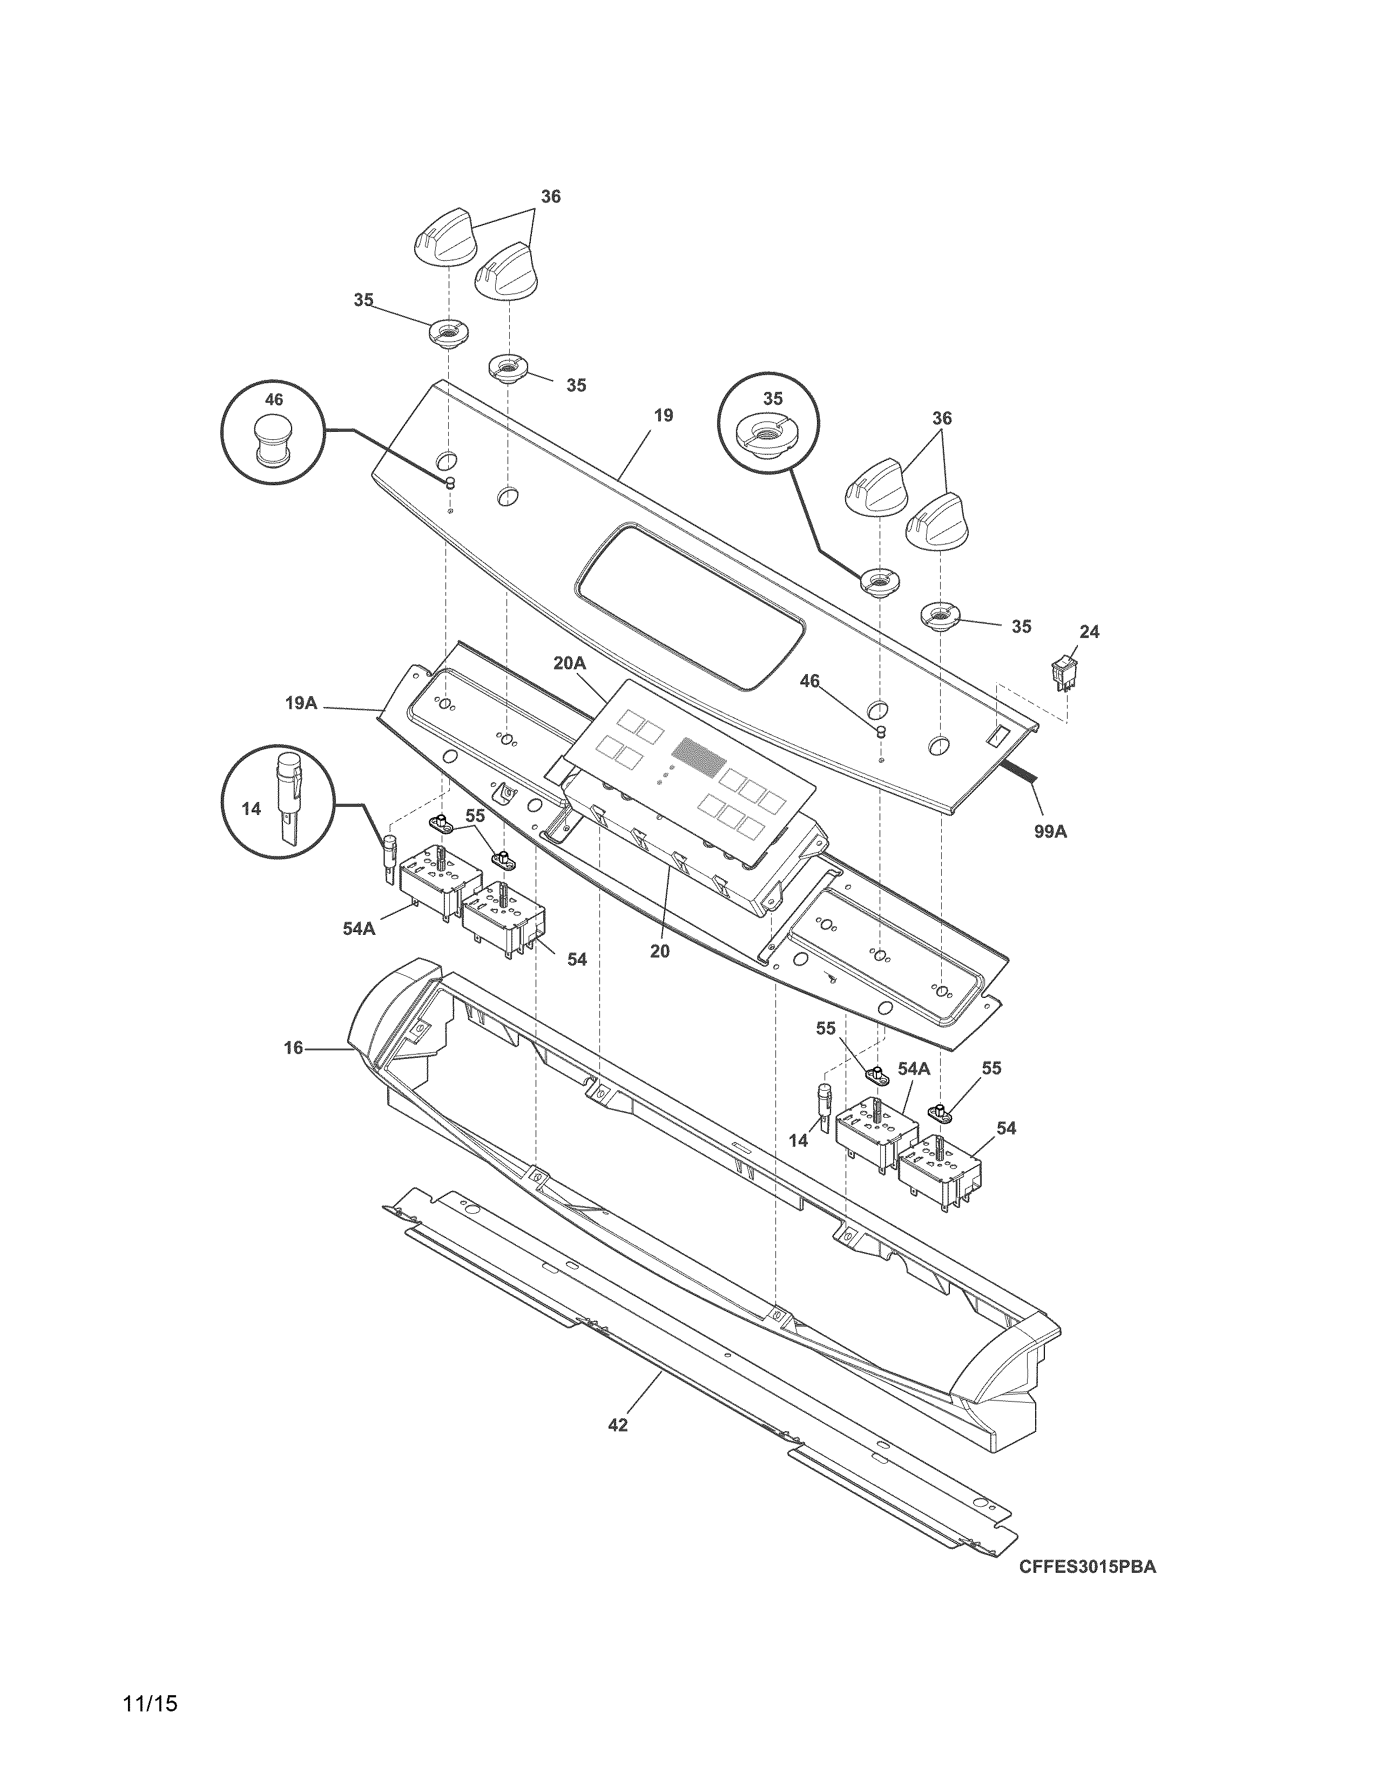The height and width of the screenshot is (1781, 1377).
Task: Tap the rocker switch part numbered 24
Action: click(1062, 672)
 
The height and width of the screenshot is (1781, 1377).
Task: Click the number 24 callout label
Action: click(1089, 632)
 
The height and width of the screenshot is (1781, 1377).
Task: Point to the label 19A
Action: click(301, 702)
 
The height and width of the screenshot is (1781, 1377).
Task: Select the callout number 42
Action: click(618, 1425)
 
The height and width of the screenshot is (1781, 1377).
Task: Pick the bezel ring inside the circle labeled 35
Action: click(768, 436)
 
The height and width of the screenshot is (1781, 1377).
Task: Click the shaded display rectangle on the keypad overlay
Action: click(699, 756)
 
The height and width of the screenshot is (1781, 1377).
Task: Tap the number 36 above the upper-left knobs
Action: click(551, 196)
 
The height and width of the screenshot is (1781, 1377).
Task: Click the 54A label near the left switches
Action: click(359, 928)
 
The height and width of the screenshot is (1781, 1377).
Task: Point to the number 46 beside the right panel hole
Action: click(809, 681)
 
